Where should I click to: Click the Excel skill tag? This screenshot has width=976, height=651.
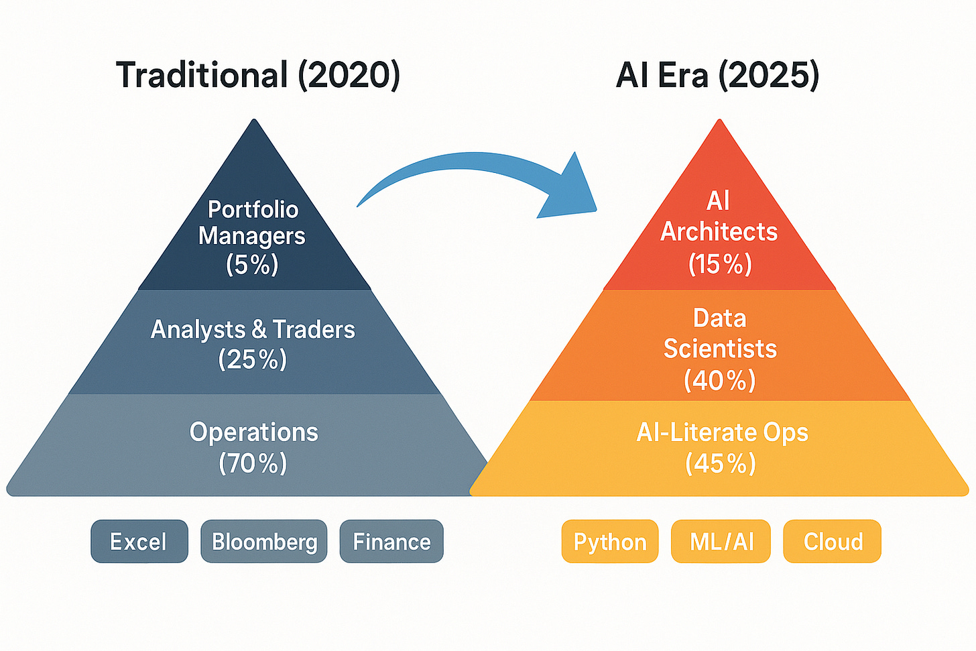139,541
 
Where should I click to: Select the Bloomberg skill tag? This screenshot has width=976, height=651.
264,541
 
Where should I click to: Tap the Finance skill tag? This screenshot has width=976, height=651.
391,541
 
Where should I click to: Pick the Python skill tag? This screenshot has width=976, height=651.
610,541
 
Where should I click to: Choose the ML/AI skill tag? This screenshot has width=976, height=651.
721,541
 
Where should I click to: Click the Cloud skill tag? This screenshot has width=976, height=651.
833,541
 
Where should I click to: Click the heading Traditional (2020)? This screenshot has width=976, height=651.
258,74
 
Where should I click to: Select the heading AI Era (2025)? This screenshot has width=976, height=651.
717,74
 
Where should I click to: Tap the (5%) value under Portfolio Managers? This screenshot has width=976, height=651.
252,264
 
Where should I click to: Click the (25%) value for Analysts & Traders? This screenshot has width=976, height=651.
252,359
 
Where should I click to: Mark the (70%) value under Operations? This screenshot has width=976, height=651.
253,463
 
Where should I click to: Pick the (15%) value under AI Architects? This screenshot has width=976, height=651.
720,264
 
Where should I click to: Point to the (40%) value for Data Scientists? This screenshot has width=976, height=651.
720,380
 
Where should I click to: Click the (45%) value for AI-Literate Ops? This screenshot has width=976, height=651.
721,463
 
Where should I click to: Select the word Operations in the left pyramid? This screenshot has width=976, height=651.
253,432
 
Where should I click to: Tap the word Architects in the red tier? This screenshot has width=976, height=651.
719,231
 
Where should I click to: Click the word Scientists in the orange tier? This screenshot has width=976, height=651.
720,349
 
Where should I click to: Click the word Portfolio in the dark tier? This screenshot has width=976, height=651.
253,209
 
